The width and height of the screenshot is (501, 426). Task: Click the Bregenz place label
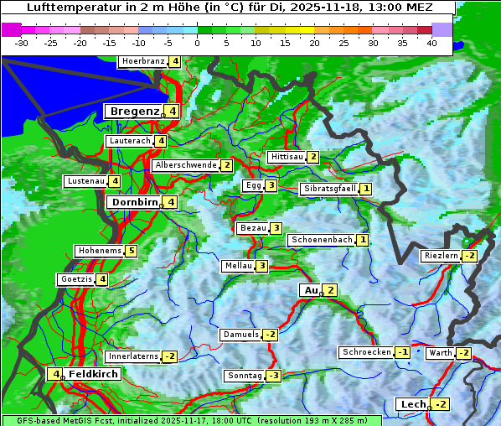click(133, 112)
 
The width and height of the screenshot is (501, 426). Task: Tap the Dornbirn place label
click(133, 202)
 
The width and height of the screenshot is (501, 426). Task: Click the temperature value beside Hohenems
click(132, 251)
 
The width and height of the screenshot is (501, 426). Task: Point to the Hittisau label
click(286, 157)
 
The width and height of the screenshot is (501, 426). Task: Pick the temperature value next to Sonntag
click(273, 376)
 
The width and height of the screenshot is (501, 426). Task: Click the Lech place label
click(413, 404)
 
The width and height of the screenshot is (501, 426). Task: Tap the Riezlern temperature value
click(469, 256)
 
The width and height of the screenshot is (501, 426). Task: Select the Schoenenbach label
click(321, 240)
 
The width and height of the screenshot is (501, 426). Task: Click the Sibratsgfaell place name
click(329, 189)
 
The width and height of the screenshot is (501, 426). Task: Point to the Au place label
click(310, 290)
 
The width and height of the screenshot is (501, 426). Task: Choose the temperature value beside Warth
click(463, 353)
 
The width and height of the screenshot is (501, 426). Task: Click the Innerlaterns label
click(133, 356)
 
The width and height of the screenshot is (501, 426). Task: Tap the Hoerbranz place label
click(142, 61)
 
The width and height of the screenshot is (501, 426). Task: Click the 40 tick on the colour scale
click(431, 42)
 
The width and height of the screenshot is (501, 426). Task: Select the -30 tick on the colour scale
click(22, 42)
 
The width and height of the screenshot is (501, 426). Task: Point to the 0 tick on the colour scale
click(198, 42)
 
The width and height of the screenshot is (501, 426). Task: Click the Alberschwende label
click(186, 165)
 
